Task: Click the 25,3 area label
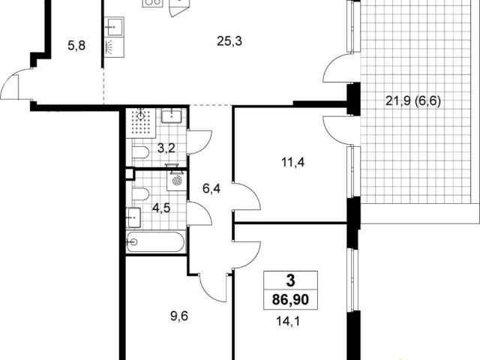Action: pyautogui.click(x=229, y=40)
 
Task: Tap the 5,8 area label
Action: pyautogui.click(x=76, y=46)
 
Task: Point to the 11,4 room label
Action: pyautogui.click(x=292, y=162)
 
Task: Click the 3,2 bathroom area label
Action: pyautogui.click(x=166, y=148)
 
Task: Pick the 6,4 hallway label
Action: pyautogui.click(x=211, y=188)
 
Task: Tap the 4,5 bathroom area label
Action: pyautogui.click(x=161, y=208)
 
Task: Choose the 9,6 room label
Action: pyautogui.click(x=179, y=316)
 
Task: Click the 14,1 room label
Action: pyautogui.click(x=288, y=322)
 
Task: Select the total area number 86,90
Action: pyautogui.click(x=290, y=300)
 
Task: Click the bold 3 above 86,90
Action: pyautogui.click(x=290, y=280)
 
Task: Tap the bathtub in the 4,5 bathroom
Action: pyautogui.click(x=156, y=241)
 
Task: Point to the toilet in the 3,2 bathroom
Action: pyautogui.click(x=140, y=152)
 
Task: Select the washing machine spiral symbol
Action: pyautogui.click(x=177, y=181)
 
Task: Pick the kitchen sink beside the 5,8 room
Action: pyautogui.click(x=114, y=27)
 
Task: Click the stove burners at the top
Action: pyautogui.click(x=152, y=2)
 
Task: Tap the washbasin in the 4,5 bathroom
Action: pyautogui.click(x=133, y=217)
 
